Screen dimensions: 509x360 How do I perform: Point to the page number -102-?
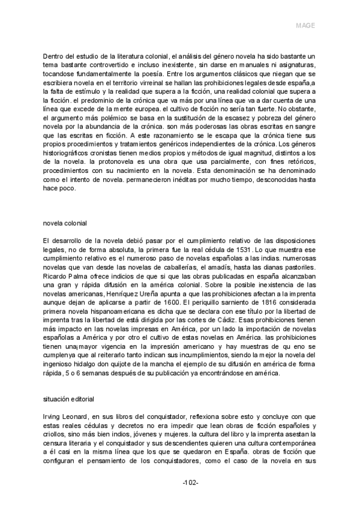(191, 483)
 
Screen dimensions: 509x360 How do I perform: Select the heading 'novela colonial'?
(65, 223)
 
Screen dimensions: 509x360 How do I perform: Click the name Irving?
(53, 415)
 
